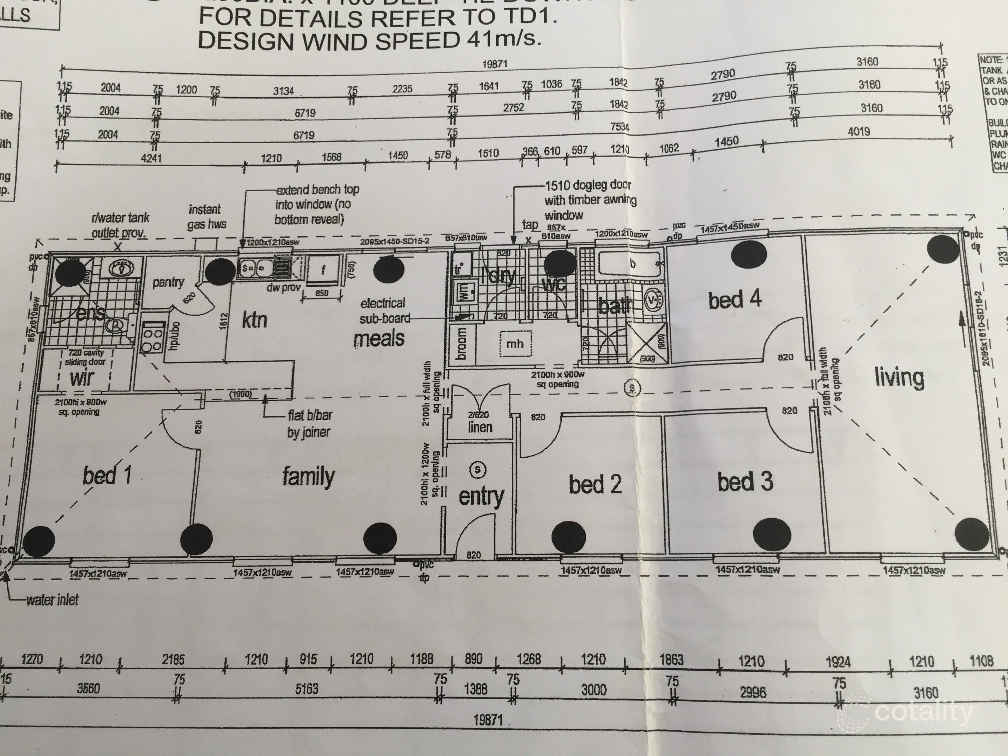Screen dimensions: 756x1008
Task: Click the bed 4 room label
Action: (x=735, y=300)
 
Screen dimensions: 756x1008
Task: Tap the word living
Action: (x=899, y=377)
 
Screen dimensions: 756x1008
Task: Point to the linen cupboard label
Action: (x=480, y=427)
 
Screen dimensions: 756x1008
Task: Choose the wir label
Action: (x=82, y=378)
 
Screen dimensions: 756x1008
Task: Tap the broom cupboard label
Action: (x=461, y=344)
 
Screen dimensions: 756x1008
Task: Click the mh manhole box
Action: (x=514, y=344)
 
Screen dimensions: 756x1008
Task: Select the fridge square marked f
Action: (x=323, y=270)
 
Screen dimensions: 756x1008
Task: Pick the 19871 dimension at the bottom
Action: (x=488, y=720)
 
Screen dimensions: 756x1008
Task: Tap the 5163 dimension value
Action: (x=306, y=688)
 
